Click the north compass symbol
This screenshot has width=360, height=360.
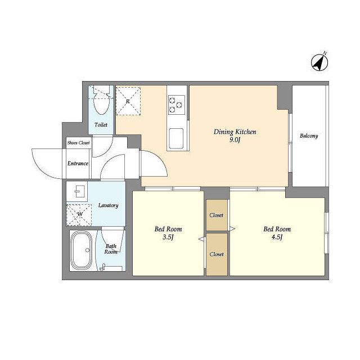coord(319,62)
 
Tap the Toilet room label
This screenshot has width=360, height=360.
coord(101,125)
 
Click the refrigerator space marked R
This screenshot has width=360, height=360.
coord(128,101)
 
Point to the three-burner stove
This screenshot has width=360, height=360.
coord(176,105)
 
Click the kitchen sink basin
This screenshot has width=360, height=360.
coord(176,138)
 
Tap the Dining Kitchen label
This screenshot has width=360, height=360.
coord(235,132)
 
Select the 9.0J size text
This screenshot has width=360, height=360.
coord(235,140)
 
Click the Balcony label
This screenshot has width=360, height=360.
coord(309,136)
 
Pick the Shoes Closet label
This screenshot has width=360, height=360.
coord(79,142)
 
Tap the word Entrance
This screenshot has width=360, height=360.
coord(78,164)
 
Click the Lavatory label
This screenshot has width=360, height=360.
coord(109,205)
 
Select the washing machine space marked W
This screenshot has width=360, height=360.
coord(79,215)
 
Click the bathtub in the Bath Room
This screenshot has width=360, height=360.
coord(81,250)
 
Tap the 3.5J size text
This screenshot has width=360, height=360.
coord(168,237)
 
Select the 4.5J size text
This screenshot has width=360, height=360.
coord(277,237)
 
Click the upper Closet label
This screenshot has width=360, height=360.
coord(216,215)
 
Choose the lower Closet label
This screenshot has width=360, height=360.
coord(217,254)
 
